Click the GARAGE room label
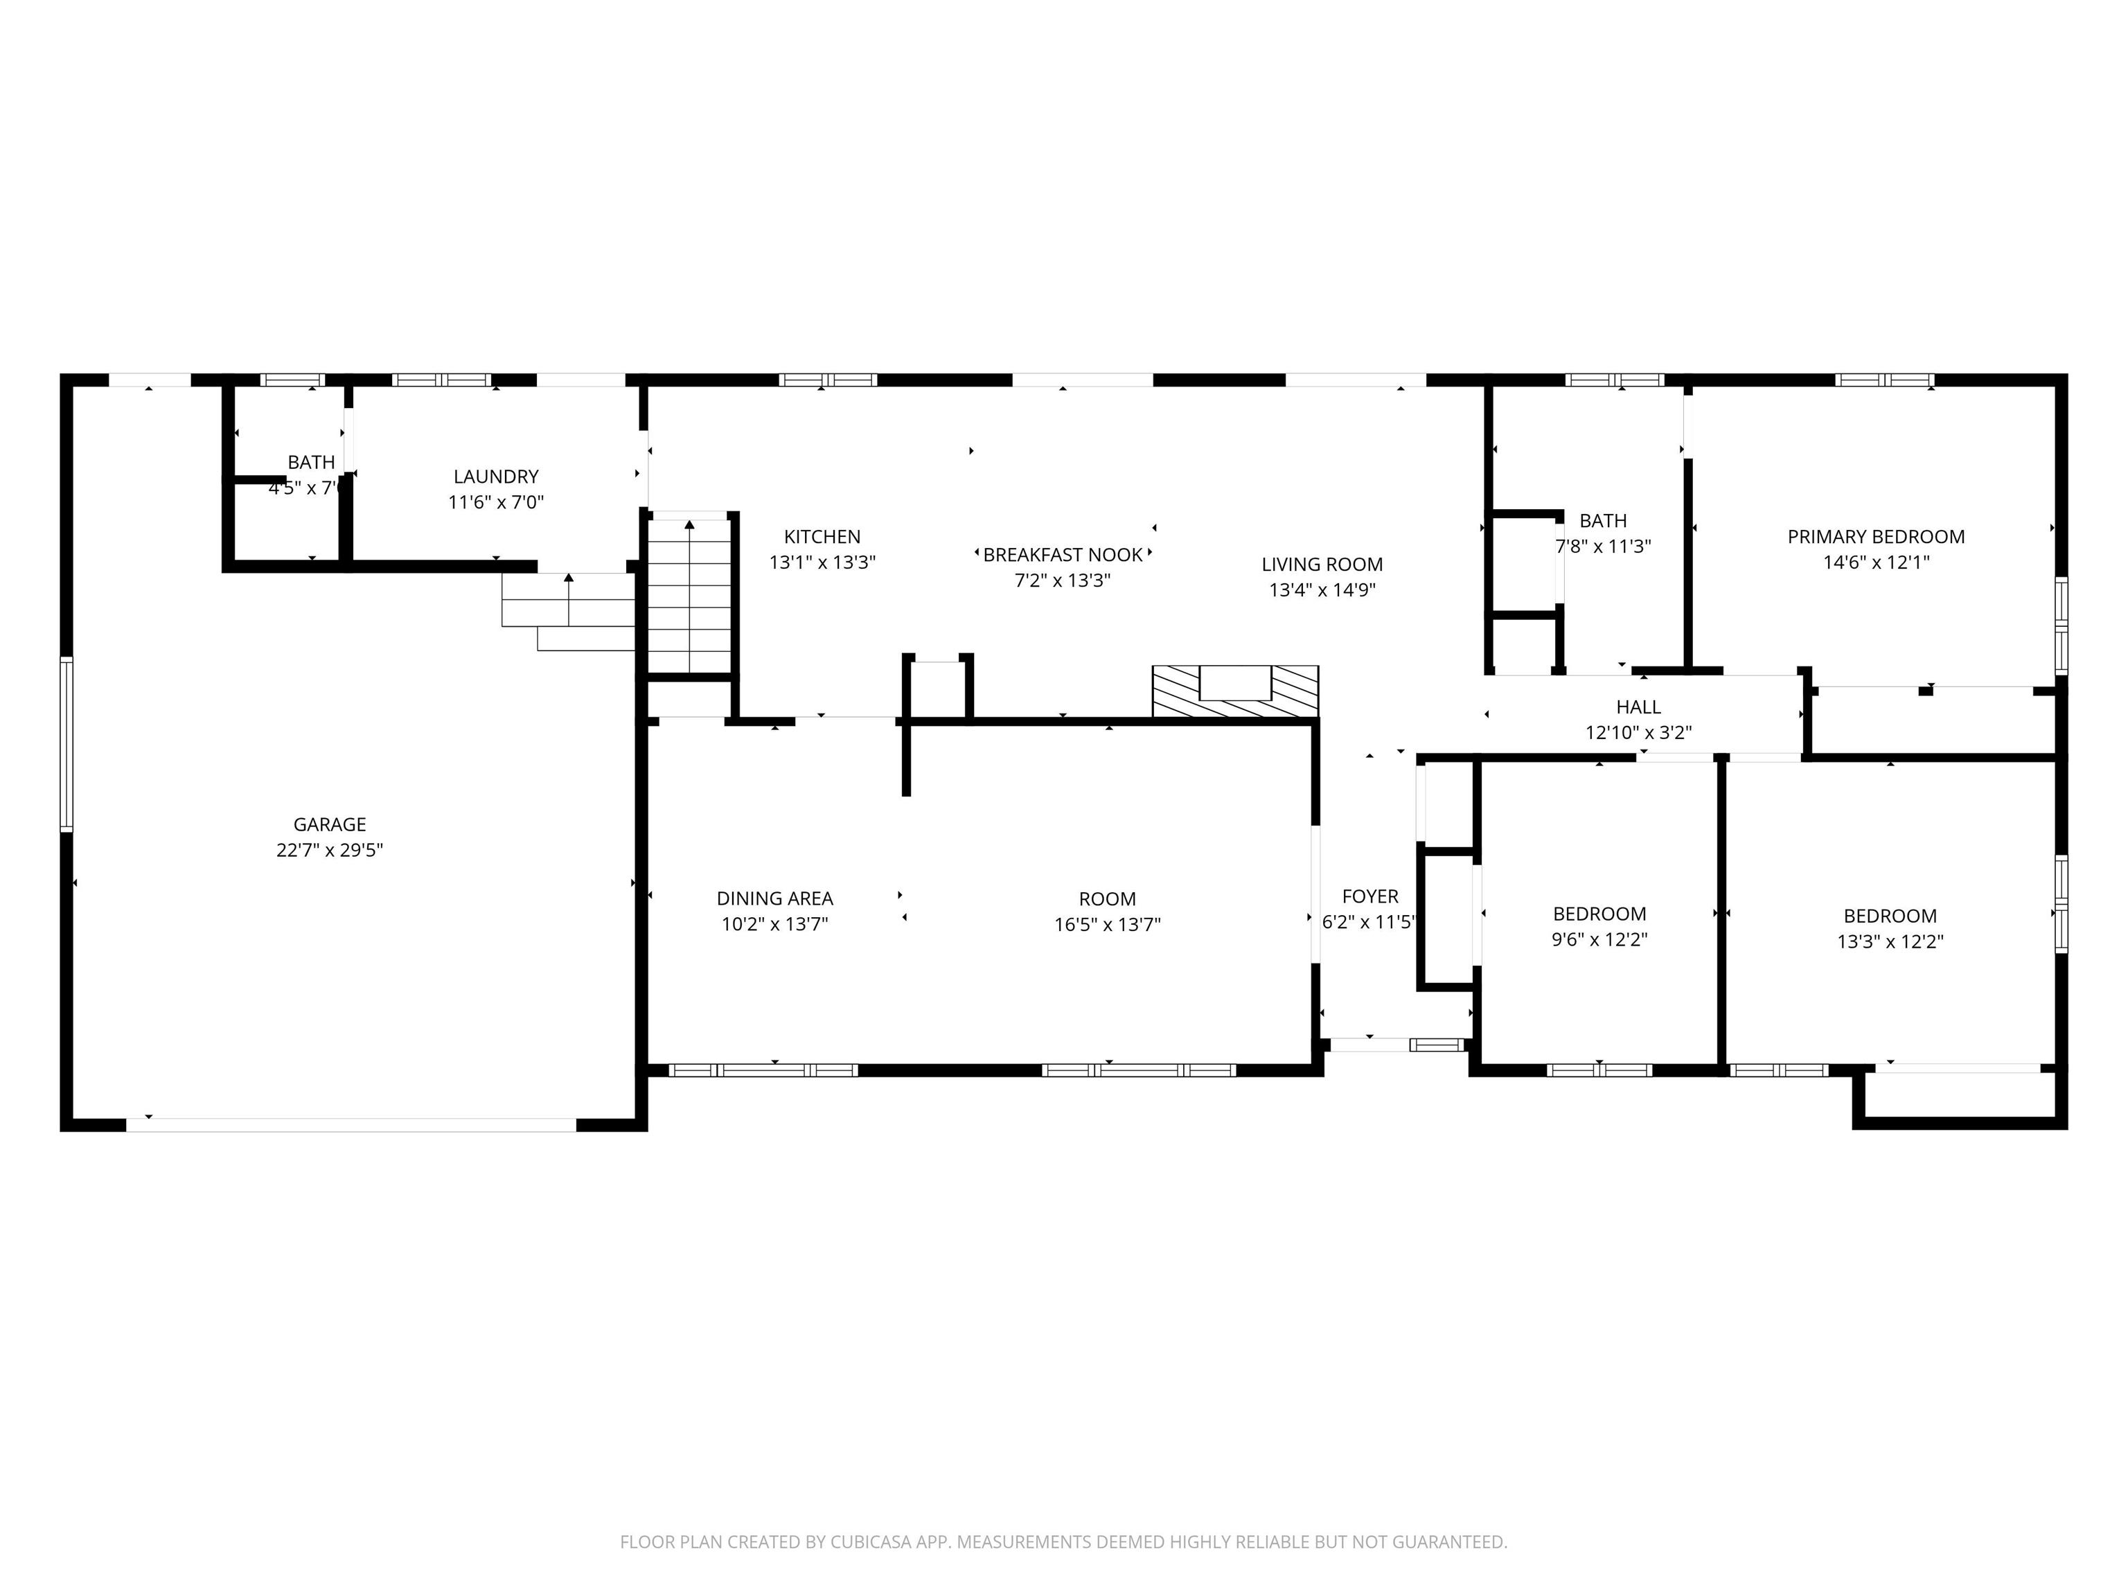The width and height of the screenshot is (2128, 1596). click(329, 824)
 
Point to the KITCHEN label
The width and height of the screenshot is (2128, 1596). click(822, 537)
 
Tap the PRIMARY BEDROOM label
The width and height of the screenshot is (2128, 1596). click(1875, 537)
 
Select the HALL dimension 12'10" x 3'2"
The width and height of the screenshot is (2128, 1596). click(1638, 733)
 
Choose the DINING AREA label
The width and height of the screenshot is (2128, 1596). click(774, 898)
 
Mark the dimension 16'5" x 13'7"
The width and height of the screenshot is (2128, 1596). click(1106, 925)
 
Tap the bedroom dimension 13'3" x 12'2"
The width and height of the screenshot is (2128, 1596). click(1890, 942)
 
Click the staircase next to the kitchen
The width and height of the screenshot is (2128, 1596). click(690, 596)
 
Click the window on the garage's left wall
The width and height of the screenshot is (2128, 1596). click(66, 744)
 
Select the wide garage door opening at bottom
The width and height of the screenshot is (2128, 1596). click(351, 1124)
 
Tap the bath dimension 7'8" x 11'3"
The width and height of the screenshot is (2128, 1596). click(1603, 547)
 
